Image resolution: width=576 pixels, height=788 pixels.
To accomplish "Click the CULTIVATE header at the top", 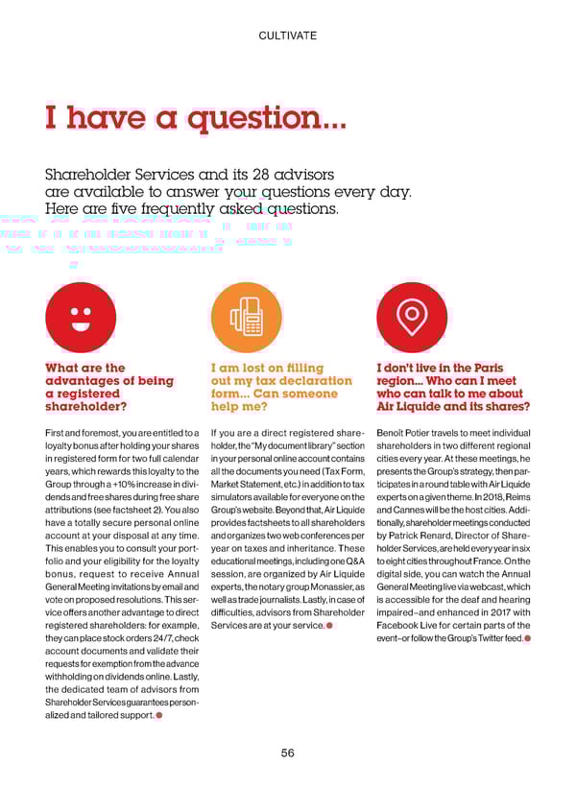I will point(288,36).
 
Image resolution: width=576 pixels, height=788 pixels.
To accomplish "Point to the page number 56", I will point(288,753).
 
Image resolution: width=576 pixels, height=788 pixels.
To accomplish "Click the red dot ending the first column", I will point(158,715).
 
